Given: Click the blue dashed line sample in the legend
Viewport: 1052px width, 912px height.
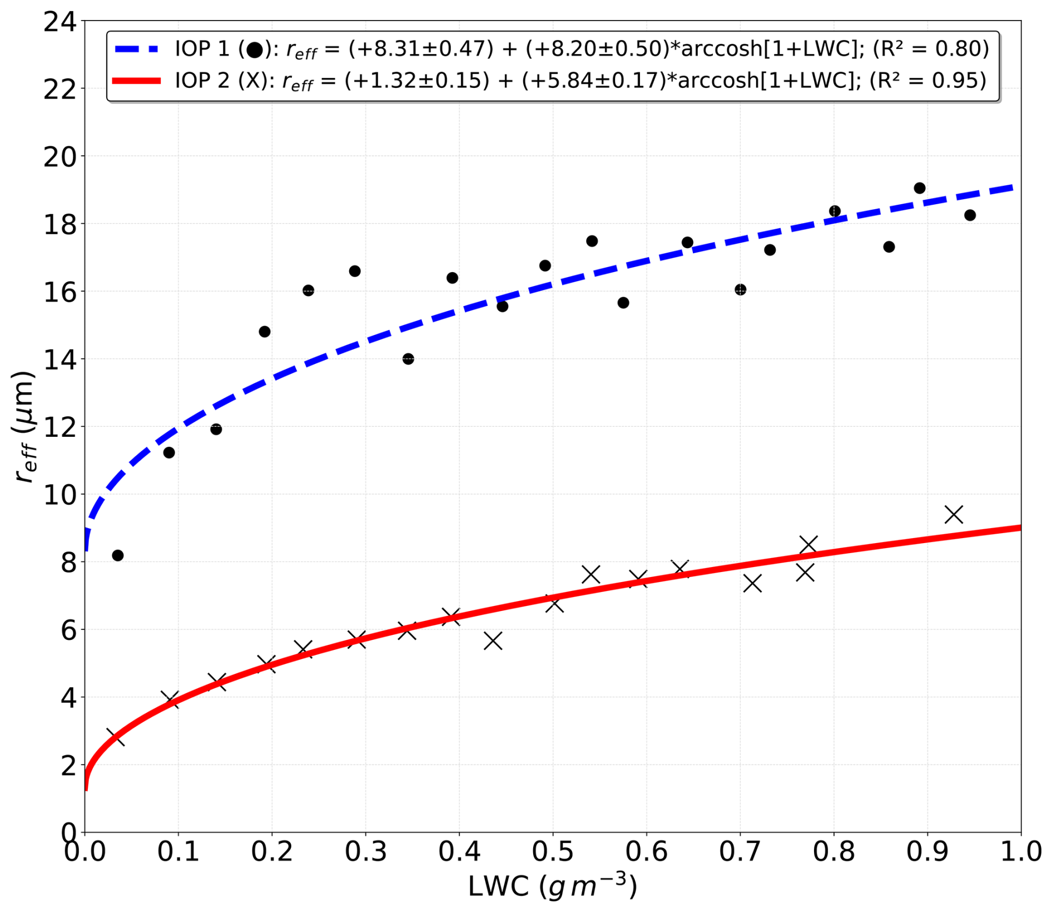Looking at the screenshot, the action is click(137, 49).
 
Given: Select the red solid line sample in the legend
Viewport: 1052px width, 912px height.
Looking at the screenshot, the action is click(137, 81).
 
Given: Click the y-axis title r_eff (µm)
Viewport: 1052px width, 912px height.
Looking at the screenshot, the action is click(24, 427).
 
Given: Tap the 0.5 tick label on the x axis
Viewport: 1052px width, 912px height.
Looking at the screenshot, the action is click(553, 852).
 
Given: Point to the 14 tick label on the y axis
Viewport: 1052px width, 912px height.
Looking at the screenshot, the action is click(60, 359).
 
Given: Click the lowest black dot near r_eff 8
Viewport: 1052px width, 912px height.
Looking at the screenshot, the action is click(117, 555).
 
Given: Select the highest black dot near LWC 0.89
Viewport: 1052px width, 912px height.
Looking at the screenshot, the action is click(920, 188).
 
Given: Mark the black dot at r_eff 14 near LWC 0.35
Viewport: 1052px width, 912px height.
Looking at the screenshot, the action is click(408, 359).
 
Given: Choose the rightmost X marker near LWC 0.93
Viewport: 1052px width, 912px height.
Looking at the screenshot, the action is click(954, 515).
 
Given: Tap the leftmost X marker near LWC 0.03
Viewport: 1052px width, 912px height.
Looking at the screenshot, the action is click(115, 737).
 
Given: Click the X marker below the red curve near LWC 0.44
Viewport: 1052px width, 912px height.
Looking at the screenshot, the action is click(493, 641).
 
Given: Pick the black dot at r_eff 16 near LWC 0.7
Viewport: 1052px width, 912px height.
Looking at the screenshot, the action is click(740, 289).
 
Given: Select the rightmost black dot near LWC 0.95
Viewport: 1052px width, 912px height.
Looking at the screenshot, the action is click(970, 215).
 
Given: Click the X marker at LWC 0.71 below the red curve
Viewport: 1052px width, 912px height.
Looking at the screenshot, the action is click(752, 584).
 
